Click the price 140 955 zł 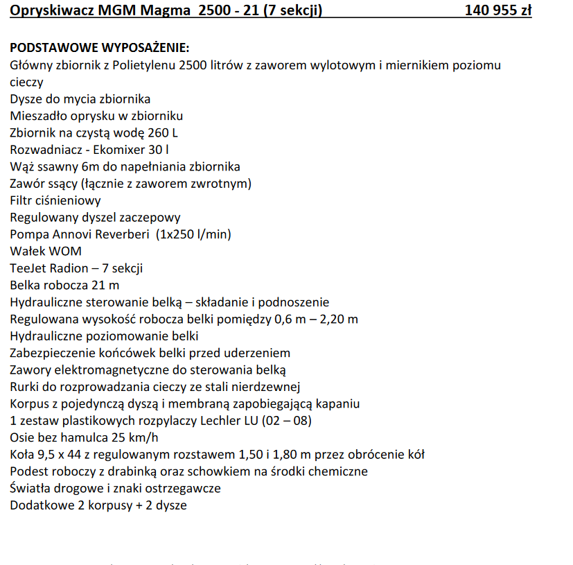pyautogui.click(x=498, y=11)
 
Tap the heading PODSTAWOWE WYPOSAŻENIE pyautogui.click(x=99, y=49)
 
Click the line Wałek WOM pyautogui.click(x=46, y=251)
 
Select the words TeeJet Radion pyautogui.click(x=49, y=268)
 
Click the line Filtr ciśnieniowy pyautogui.click(x=55, y=201)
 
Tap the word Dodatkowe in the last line pyautogui.click(x=40, y=505)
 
